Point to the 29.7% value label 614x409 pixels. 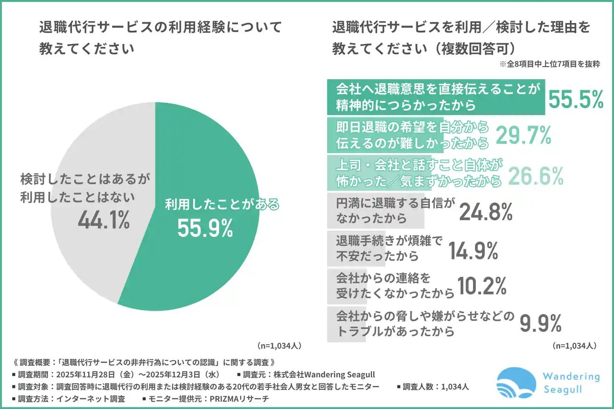522,136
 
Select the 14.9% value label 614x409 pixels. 473,250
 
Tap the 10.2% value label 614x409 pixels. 482,287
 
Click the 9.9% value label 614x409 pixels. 541,325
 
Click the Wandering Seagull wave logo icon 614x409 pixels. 516,383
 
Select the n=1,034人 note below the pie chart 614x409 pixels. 279,345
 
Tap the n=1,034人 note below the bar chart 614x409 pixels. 574,345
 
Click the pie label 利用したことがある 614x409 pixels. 222,205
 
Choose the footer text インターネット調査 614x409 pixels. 91,398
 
